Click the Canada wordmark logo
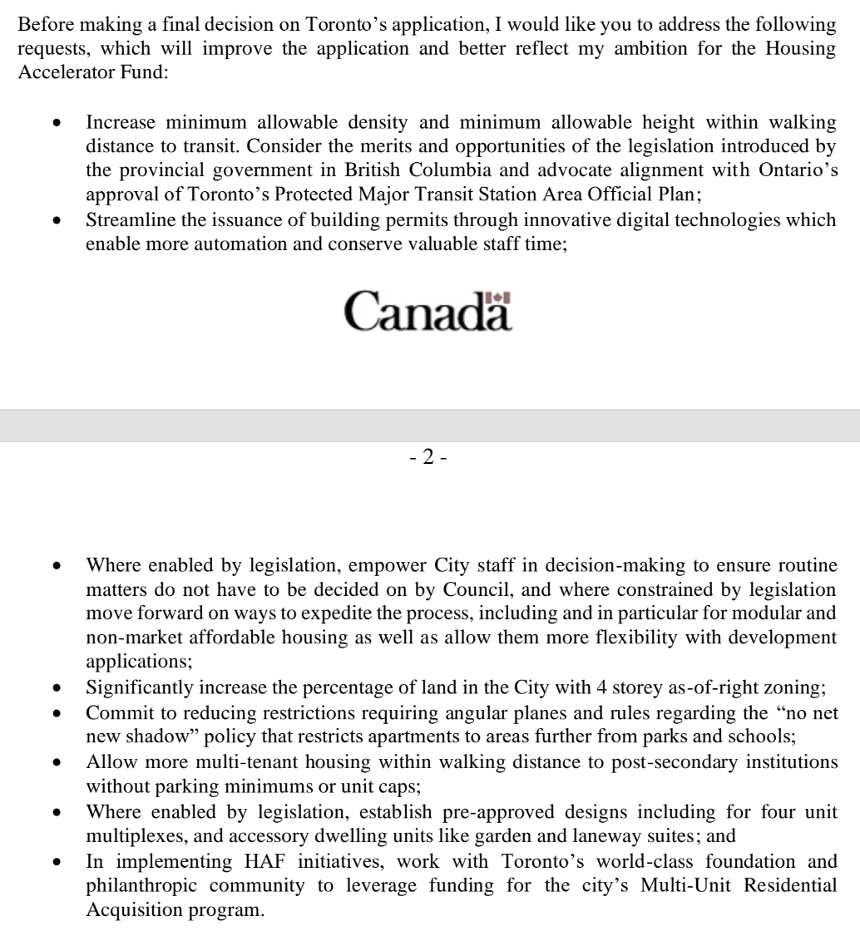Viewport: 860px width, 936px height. pos(430,313)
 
